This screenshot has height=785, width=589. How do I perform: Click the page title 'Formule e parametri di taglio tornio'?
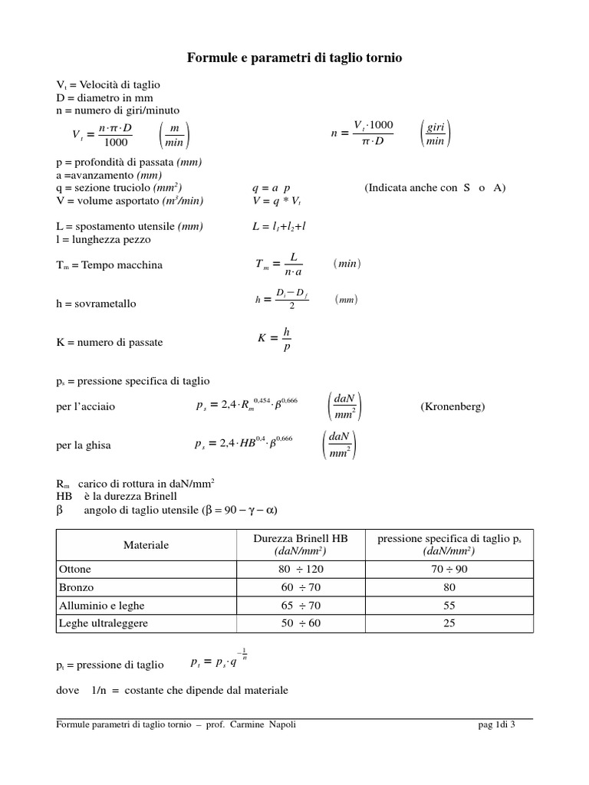point(294,57)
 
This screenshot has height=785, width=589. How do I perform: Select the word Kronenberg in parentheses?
point(452,406)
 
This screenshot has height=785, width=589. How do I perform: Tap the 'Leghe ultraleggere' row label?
point(104,623)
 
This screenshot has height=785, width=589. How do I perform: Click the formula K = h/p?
point(275,339)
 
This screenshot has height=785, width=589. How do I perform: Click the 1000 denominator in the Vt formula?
point(116,142)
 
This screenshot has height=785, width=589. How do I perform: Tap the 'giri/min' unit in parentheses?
point(436,133)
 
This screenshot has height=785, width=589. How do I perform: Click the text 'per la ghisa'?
point(87,445)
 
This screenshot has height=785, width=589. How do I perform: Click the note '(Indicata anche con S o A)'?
point(435,188)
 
